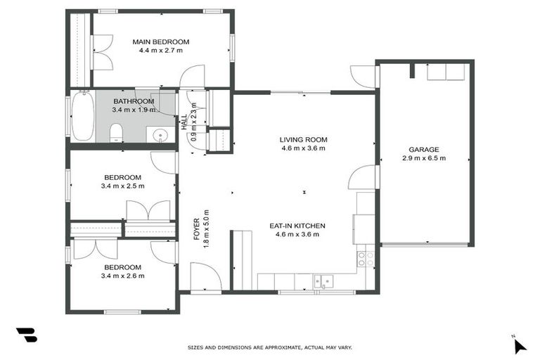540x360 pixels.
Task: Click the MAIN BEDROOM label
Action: (x=161, y=41)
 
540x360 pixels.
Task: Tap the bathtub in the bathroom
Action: (x=82, y=117)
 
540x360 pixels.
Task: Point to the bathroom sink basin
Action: (x=160, y=134)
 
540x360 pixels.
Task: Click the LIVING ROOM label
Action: (x=304, y=140)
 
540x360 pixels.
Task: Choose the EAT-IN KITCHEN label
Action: (x=297, y=226)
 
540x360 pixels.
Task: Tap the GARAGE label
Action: (x=424, y=149)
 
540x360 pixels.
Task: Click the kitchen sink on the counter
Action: (x=323, y=282)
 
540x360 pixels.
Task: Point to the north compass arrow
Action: (x=519, y=345)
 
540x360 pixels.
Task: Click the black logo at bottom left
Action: (x=26, y=335)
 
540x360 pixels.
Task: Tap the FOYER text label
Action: (x=197, y=230)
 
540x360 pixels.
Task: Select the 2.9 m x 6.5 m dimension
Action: (x=424, y=158)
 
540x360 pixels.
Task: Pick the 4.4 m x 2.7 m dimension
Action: (x=161, y=51)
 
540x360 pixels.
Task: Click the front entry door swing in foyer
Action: (x=205, y=276)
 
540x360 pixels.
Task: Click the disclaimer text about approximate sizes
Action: (x=270, y=347)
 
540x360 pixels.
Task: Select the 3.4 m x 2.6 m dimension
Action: (x=123, y=276)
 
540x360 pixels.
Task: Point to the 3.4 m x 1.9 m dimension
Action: (x=134, y=110)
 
